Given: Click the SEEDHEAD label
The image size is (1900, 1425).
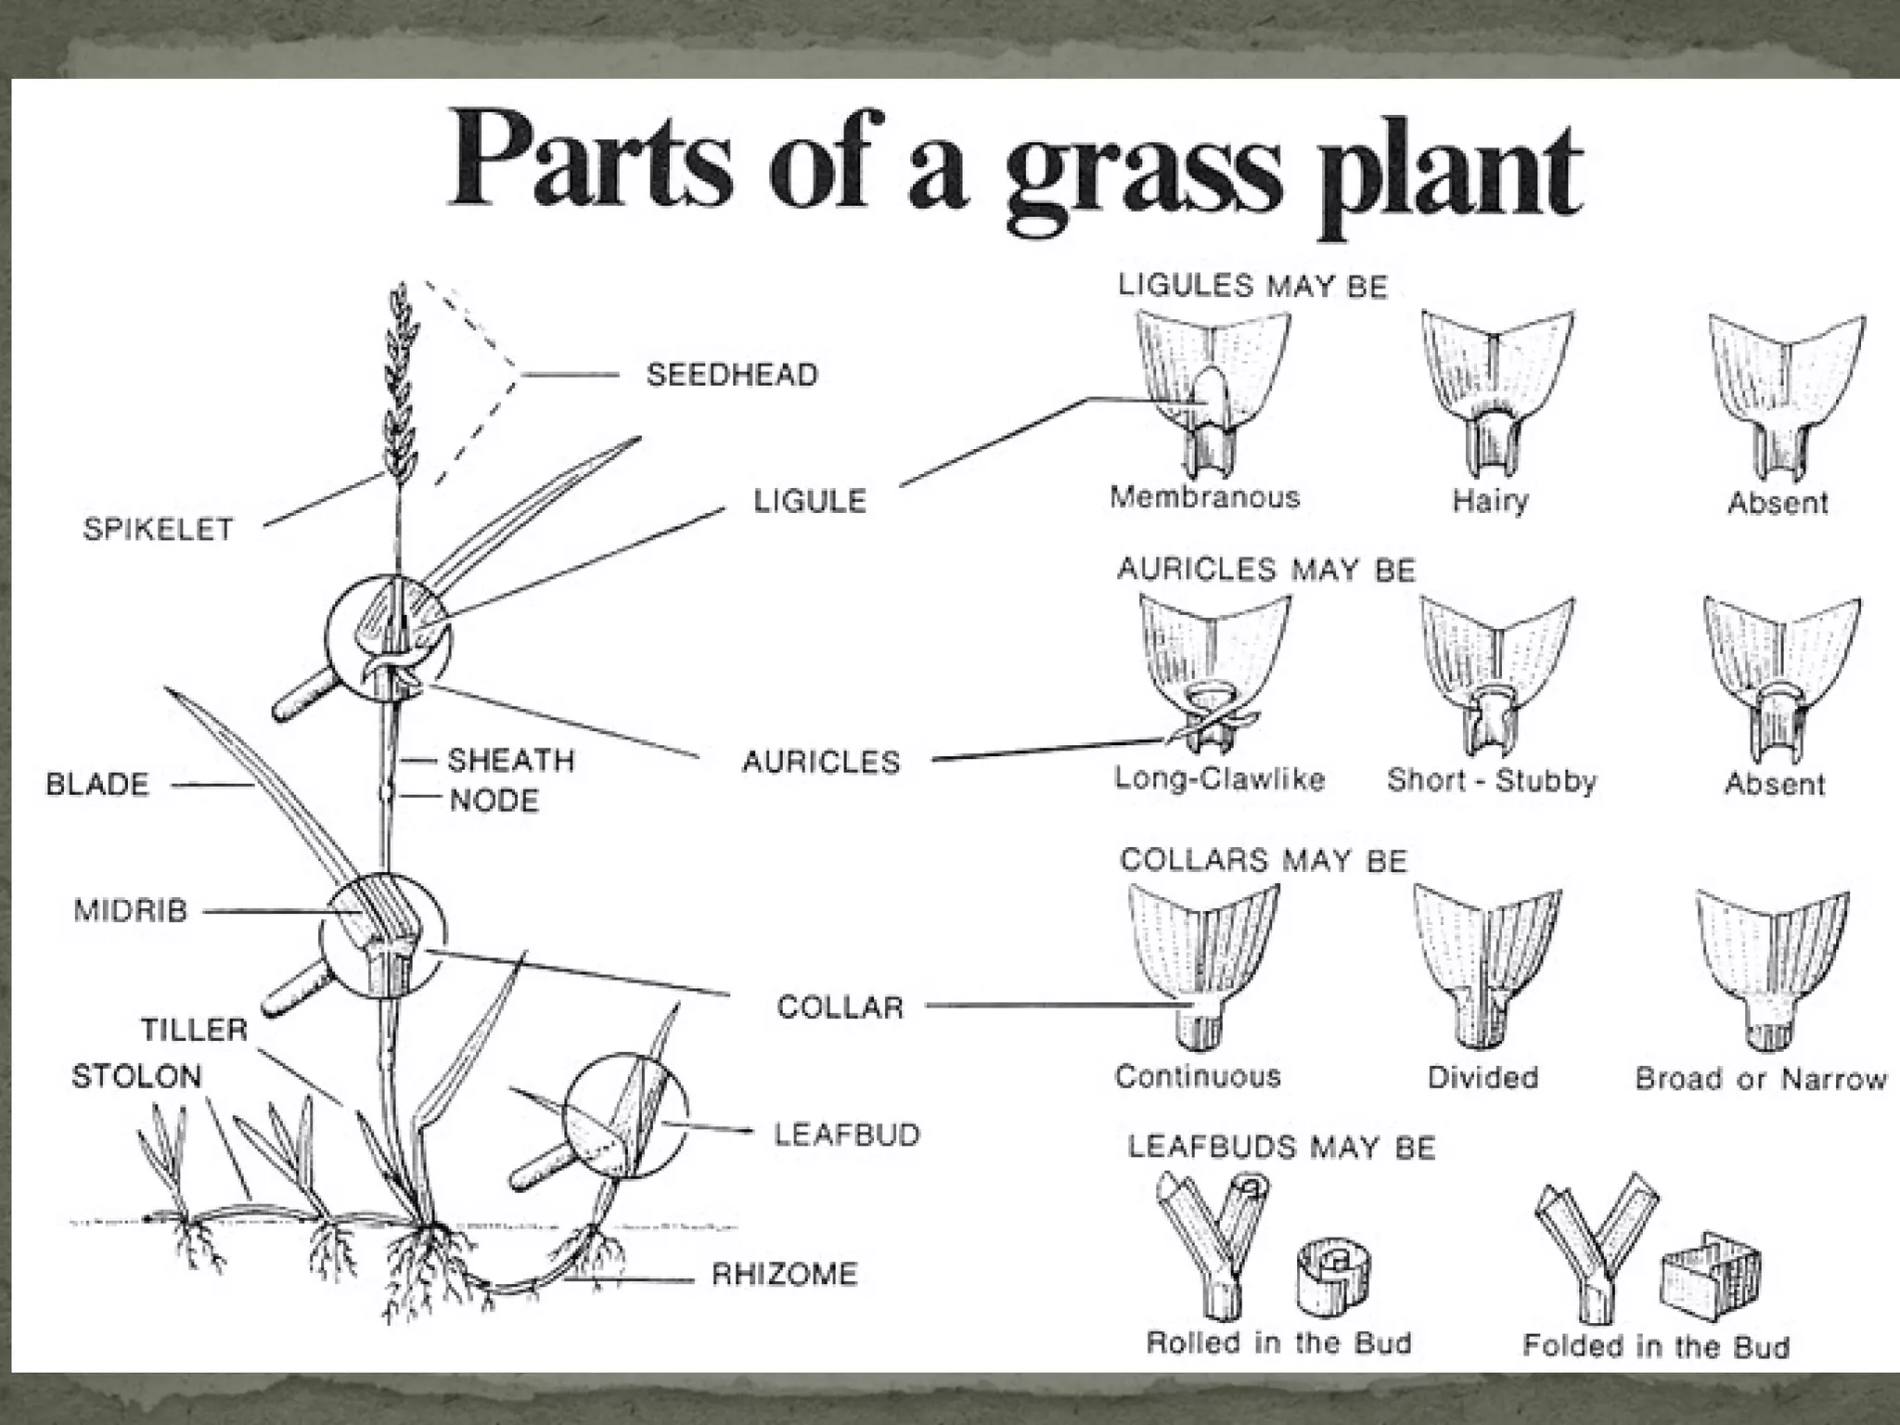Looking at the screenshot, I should pos(732,375).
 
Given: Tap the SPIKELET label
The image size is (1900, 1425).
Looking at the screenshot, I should pos(158,529).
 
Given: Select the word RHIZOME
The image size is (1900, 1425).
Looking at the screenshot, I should pos(784,1274).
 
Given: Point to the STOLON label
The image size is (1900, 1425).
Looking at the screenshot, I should pos(136,1076).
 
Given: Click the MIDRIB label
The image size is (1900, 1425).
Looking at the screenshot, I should pos(130,910).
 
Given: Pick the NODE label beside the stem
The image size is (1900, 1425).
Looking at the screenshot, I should pos(494,800).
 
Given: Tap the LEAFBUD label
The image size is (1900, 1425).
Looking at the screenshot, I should pos(846,1134).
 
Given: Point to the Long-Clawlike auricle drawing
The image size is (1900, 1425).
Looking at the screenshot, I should pos(1213,677).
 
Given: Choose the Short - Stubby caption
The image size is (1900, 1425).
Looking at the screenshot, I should pos(1491,780).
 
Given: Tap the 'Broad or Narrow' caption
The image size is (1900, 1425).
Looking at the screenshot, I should pos(1760,1078).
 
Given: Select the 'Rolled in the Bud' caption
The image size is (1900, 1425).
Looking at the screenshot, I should pos(1278,1342).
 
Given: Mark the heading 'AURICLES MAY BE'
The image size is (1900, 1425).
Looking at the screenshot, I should pos(1265,569).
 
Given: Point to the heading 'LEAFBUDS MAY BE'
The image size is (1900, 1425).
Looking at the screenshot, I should pos(1281,1148).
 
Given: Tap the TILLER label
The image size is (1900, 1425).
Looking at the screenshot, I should pos(194,1029).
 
